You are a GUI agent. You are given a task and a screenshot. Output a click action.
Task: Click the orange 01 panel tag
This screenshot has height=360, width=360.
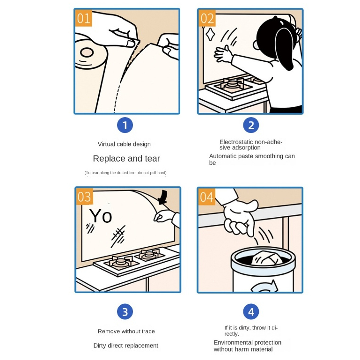click(84, 18)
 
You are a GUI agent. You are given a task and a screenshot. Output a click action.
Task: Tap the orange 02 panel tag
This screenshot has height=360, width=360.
click(207, 18)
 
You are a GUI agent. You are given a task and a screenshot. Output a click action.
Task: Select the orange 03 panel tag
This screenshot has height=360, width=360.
click(84, 197)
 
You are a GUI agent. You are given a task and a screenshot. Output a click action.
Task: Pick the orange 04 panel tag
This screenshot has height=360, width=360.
click(207, 197)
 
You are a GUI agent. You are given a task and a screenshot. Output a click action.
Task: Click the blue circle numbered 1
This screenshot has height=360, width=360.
click(125, 125)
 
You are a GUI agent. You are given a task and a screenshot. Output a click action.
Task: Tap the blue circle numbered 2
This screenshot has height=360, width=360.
click(251, 125)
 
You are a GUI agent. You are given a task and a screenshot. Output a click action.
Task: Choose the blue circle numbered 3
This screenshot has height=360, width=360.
click(125, 312)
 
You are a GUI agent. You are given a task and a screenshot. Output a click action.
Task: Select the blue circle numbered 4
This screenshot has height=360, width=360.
click(251, 312)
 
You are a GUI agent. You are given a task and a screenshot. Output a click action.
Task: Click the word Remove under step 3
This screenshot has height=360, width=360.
click(109, 331)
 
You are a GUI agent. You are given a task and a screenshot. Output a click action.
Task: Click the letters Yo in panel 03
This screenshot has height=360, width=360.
click(101, 216)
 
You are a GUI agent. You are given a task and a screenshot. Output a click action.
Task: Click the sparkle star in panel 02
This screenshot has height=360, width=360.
click(210, 35)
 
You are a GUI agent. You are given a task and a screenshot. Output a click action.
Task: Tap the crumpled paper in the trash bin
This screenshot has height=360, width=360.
click(267, 258)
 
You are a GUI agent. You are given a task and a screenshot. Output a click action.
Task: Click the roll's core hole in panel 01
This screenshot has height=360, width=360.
click(87, 52)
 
